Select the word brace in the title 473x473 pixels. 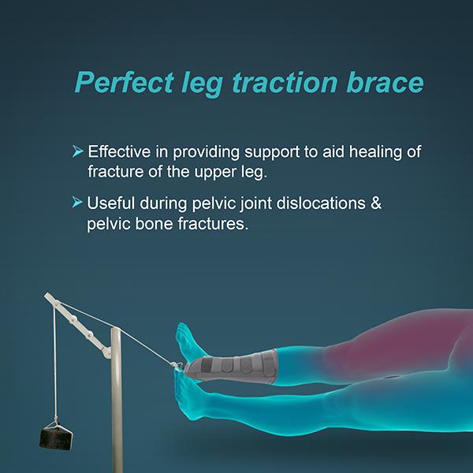389,82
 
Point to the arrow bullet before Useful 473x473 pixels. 77,203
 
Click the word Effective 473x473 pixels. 117,150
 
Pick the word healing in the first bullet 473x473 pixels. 355,150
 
